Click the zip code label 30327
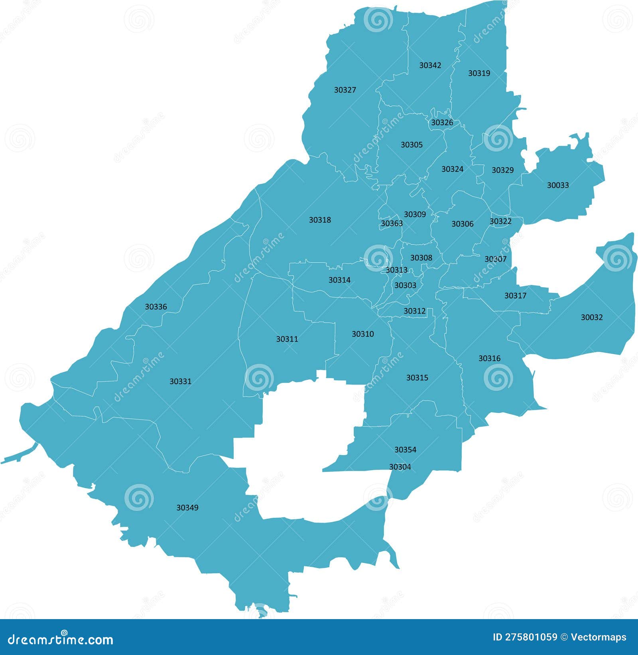[x=345, y=90]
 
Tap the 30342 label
[x=430, y=65]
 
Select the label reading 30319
[x=479, y=73]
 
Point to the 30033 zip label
[x=557, y=185]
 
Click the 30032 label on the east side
[x=591, y=318]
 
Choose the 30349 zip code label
[x=187, y=508]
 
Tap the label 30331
[x=180, y=381]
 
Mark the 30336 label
[x=156, y=307]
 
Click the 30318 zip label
[x=320, y=220]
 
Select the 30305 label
[x=412, y=145]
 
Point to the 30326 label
[x=442, y=123]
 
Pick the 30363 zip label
[x=392, y=223]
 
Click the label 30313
[x=396, y=270]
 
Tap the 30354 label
[x=405, y=450]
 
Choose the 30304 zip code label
[x=400, y=467]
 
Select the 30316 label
[x=489, y=359]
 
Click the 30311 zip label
[x=287, y=339]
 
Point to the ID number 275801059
[x=525, y=637]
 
